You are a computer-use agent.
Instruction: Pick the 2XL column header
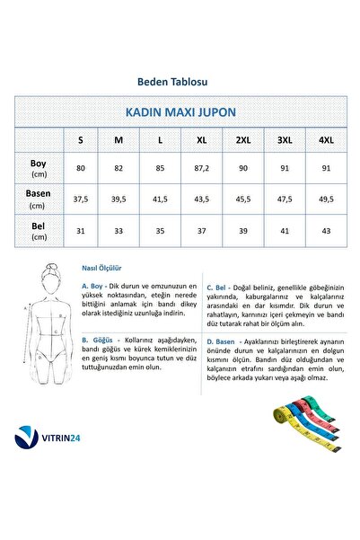tap(243, 140)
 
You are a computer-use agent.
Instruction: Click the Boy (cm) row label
tap(39, 167)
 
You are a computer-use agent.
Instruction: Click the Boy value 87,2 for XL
tap(202, 167)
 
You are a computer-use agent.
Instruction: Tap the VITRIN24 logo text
tap(69, 438)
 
